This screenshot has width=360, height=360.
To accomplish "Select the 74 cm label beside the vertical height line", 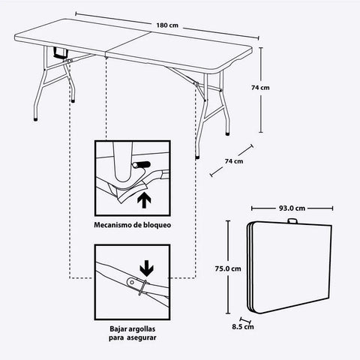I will coord(260,88).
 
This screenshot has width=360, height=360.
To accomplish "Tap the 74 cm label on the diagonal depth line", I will coord(233,160).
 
